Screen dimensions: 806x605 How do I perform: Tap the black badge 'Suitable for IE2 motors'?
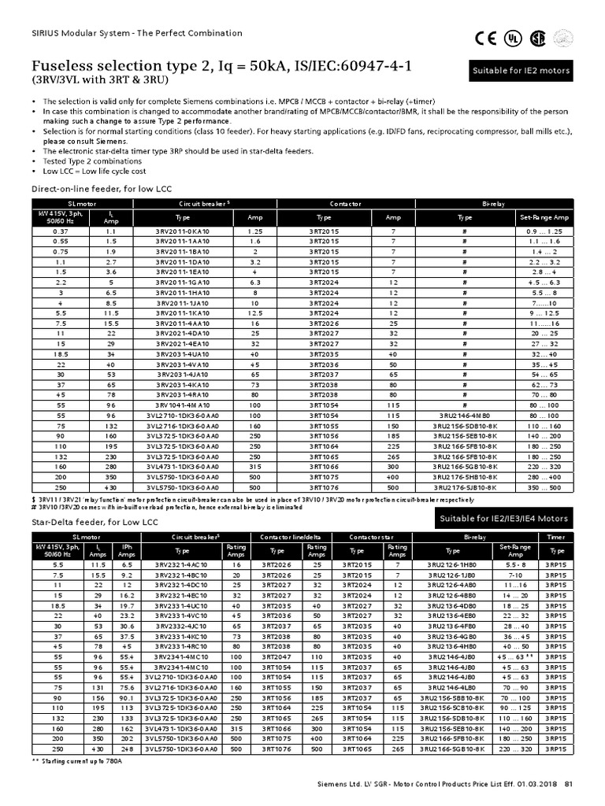(521, 72)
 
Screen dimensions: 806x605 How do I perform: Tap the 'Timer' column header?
(556, 538)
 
